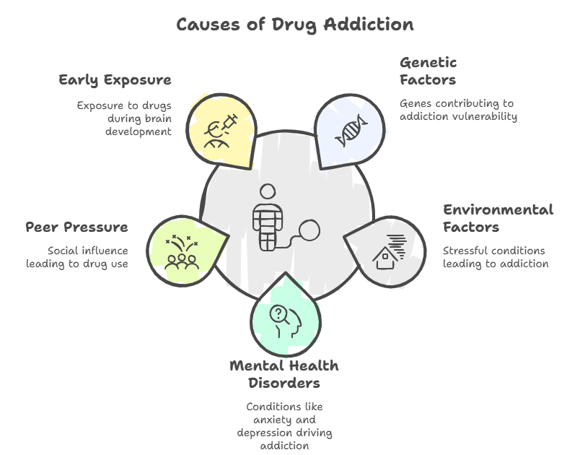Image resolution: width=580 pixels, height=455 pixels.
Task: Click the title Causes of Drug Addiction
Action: click(x=294, y=25)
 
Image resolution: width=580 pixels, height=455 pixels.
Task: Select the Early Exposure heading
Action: click(x=115, y=79)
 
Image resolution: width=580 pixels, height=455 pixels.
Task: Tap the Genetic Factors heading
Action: click(x=429, y=71)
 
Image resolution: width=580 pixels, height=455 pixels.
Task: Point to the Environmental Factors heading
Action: click(x=498, y=218)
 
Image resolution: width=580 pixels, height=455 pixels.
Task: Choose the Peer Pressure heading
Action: click(x=77, y=227)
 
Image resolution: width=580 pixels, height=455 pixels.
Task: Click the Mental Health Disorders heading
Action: click(x=284, y=374)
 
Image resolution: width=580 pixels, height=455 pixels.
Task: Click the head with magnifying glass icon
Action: click(x=285, y=318)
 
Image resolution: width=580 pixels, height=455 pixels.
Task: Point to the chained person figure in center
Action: click(x=268, y=217)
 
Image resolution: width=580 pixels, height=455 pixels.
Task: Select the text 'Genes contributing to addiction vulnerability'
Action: click(x=459, y=110)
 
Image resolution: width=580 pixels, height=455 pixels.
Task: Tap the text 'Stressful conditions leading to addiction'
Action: click(x=496, y=257)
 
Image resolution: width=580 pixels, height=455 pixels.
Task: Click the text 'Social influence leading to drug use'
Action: click(x=77, y=257)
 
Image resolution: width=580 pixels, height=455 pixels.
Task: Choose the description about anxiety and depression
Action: click(x=284, y=426)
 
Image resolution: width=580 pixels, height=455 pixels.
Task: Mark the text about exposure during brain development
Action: click(x=124, y=118)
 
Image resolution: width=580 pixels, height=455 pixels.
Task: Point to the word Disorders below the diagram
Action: click(x=284, y=383)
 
